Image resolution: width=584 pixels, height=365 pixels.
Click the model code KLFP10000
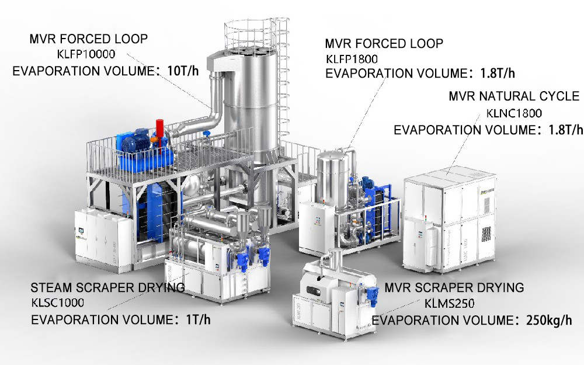(x=86, y=54)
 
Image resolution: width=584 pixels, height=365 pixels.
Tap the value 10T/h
(x=183, y=71)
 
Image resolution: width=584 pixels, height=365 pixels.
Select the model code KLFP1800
(x=352, y=59)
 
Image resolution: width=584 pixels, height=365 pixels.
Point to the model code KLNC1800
(x=514, y=113)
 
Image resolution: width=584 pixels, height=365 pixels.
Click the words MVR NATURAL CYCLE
(x=514, y=96)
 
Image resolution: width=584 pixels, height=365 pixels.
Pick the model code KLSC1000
(x=57, y=303)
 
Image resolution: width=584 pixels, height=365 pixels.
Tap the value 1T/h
(x=198, y=319)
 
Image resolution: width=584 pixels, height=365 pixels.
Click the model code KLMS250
(x=450, y=304)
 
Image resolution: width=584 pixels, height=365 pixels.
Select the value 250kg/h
(x=549, y=320)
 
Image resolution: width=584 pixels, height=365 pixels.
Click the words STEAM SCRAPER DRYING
(x=107, y=287)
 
